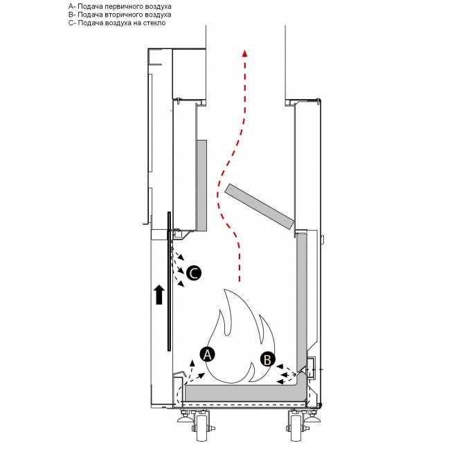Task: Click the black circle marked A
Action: [x=206, y=353]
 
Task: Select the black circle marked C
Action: [x=195, y=273]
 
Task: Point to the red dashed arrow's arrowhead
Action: [x=243, y=54]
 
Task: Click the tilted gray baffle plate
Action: [x=258, y=206]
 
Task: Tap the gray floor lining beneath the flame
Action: [x=235, y=394]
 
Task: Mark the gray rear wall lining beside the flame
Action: [x=302, y=298]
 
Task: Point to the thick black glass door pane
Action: [x=168, y=280]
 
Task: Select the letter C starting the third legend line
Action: [x=71, y=23]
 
